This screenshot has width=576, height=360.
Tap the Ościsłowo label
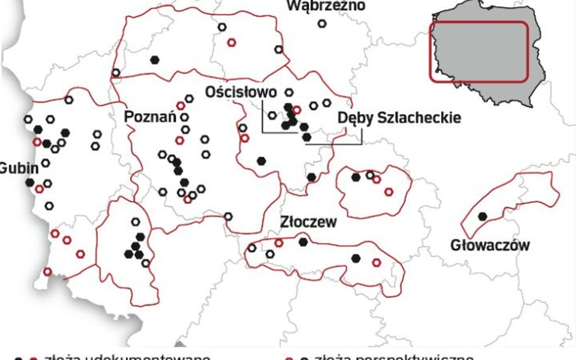(241, 92)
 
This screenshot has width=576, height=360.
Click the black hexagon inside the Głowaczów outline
(482, 216)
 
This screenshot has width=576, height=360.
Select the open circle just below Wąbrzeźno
(322, 24)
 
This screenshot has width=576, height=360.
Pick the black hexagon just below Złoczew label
(303, 242)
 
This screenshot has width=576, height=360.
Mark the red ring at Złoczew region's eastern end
(376, 262)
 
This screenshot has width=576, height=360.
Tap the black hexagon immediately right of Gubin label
(29, 182)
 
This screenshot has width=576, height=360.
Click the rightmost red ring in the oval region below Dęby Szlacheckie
(389, 192)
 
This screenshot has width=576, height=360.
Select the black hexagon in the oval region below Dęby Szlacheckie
(356, 177)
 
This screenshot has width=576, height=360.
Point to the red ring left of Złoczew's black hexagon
(279, 243)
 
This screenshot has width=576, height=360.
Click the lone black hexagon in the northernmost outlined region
(156, 59)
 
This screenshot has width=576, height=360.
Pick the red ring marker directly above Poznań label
(180, 106)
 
